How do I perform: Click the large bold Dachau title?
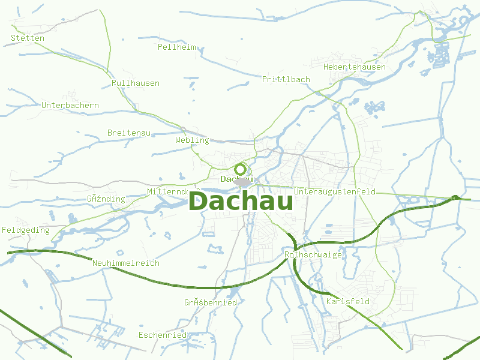241,201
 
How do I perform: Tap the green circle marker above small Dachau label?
241,169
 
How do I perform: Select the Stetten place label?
28,38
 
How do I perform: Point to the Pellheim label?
177,47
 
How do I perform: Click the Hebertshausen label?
355,67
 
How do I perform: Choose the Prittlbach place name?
286,79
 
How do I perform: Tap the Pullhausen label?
136,83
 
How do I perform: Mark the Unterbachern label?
70,105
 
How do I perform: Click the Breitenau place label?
129,132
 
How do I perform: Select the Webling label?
192,140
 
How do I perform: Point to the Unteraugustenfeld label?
335,191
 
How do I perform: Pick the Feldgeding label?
26,230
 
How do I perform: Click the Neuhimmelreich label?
126,263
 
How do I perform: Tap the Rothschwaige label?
313,254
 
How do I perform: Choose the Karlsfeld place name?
348,301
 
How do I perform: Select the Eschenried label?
163,335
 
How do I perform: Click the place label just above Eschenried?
211,302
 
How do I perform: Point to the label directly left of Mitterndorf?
106,199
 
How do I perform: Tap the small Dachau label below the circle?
236,179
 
